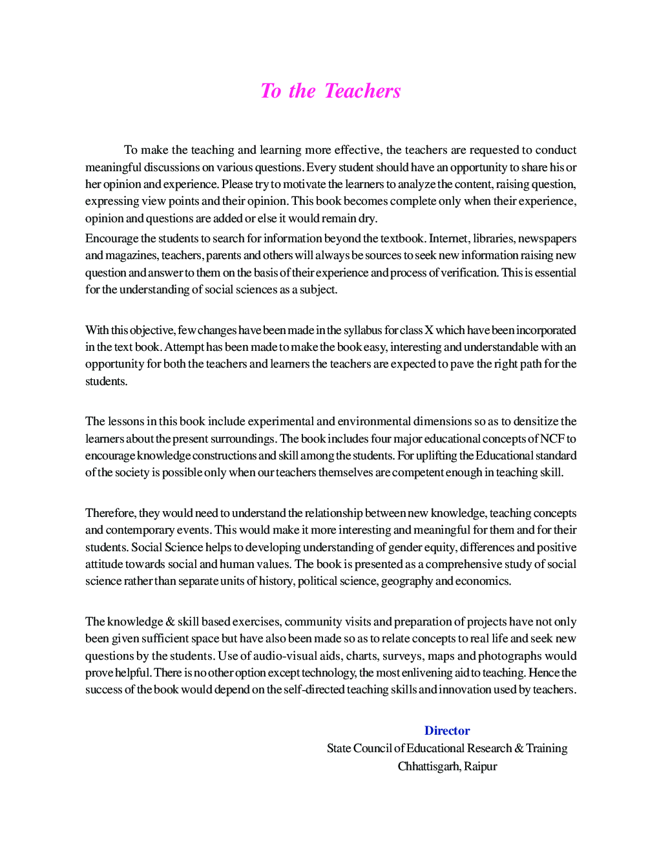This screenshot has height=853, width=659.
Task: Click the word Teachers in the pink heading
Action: (362, 91)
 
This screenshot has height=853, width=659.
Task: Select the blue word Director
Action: (447, 731)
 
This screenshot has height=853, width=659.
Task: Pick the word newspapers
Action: (547, 238)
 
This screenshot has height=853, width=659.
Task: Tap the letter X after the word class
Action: (428, 330)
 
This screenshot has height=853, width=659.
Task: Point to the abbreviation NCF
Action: (552, 439)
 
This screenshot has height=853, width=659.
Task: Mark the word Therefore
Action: (110, 513)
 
